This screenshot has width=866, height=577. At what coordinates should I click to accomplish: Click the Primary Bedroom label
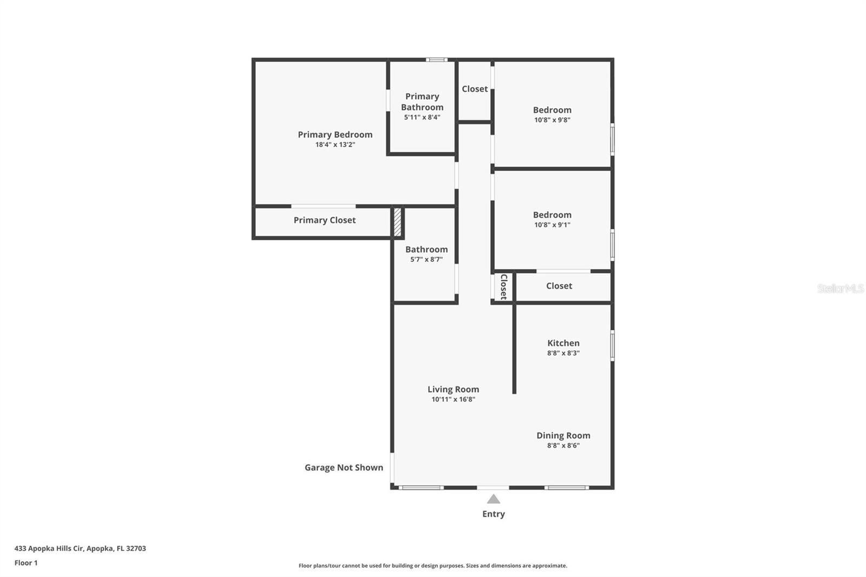335,134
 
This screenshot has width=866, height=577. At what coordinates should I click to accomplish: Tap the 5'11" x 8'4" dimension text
422,117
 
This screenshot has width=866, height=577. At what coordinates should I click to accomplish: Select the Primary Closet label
324,220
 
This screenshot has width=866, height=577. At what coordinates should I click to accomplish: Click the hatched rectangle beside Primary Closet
397,222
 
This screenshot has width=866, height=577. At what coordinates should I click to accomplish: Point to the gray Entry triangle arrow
493,499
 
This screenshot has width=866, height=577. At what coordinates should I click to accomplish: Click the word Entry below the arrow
493,514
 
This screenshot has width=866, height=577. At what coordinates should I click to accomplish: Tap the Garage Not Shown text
344,467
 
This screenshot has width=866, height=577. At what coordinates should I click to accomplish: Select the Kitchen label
563,343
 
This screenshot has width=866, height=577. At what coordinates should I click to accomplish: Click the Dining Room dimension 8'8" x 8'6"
563,445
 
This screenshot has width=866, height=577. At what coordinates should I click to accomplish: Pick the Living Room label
453,389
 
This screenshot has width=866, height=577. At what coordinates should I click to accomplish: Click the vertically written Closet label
503,287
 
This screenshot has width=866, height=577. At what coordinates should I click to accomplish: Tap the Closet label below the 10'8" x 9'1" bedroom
559,286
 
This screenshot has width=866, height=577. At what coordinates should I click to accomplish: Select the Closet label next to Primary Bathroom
475,89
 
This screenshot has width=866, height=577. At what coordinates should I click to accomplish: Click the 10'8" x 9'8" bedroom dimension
552,120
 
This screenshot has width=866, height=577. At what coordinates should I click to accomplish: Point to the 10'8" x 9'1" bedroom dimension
552,225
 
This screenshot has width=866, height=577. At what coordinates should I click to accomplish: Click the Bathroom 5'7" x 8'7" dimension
426,259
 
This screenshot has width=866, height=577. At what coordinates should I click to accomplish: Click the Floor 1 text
26,562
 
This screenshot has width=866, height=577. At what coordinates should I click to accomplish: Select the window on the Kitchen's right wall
612,345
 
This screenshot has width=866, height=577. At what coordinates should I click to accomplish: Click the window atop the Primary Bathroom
436,60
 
